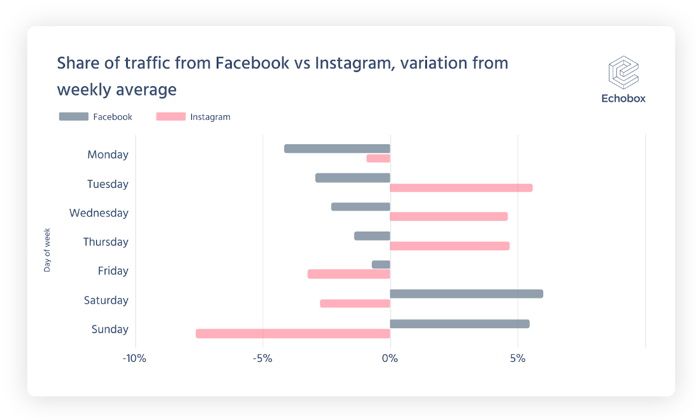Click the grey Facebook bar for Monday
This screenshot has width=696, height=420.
click(x=337, y=149)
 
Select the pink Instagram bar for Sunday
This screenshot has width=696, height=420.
click(x=293, y=333)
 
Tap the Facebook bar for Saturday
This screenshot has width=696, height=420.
click(x=466, y=294)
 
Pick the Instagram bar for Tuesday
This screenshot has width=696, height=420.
click(x=461, y=188)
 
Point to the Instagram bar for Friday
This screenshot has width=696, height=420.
click(x=349, y=274)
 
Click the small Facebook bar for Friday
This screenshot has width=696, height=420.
click(x=381, y=265)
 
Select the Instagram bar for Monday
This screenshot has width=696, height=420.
click(x=378, y=158)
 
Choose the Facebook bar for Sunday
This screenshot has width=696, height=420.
click(x=459, y=323)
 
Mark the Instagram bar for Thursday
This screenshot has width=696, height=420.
click(x=449, y=246)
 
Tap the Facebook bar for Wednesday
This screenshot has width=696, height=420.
click(x=360, y=207)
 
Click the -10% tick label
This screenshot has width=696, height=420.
click(x=134, y=358)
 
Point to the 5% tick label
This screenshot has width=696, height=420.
click(x=518, y=358)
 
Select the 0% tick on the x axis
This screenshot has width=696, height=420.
click(x=390, y=358)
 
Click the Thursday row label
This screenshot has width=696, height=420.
click(x=106, y=242)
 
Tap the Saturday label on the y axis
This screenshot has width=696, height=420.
click(x=106, y=300)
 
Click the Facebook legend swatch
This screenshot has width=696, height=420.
click(x=73, y=117)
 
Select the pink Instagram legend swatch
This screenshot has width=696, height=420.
click(x=171, y=117)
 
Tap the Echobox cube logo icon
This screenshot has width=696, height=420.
click(x=623, y=72)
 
